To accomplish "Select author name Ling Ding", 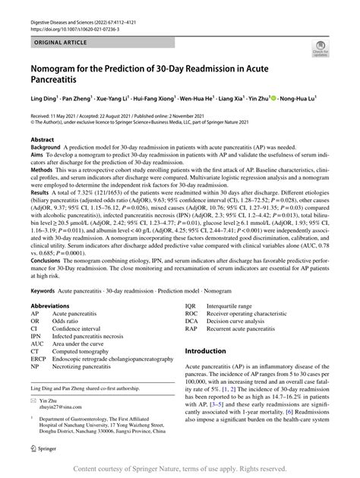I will pyautogui.click(x=44, y=98).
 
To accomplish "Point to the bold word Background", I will pyautogui.click(x=47, y=149).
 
